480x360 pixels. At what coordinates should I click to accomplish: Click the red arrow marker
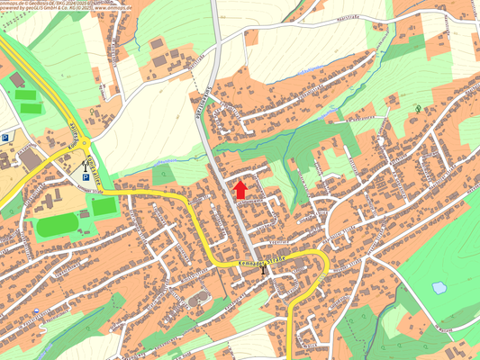pos(240,189)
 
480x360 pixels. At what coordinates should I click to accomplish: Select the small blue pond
pos(439,288)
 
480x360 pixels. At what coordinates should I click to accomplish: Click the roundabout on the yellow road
pos(85,147)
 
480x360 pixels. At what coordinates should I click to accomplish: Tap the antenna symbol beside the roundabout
pos(84,166)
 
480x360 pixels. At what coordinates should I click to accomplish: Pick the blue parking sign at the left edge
pos(5,139)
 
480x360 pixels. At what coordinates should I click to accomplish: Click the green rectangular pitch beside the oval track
pos(104,206)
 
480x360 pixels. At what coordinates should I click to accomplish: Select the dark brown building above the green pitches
pos(17,80)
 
